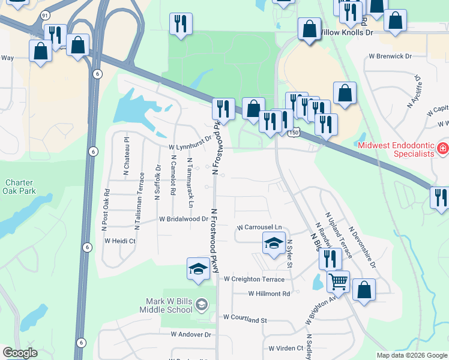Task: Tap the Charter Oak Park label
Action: (20, 187)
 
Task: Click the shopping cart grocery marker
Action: (339, 280)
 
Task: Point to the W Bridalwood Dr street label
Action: (183, 220)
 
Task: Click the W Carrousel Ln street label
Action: (259, 228)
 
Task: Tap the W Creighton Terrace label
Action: (254, 279)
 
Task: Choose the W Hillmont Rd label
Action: (269, 294)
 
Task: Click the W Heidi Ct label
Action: (120, 241)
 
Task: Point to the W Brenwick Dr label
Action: (390, 56)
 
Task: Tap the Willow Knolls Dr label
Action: (347, 32)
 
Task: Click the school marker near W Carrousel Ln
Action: (273, 244)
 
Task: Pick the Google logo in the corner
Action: (20, 353)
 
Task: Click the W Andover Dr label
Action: (191, 334)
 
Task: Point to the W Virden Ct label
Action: (286, 348)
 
